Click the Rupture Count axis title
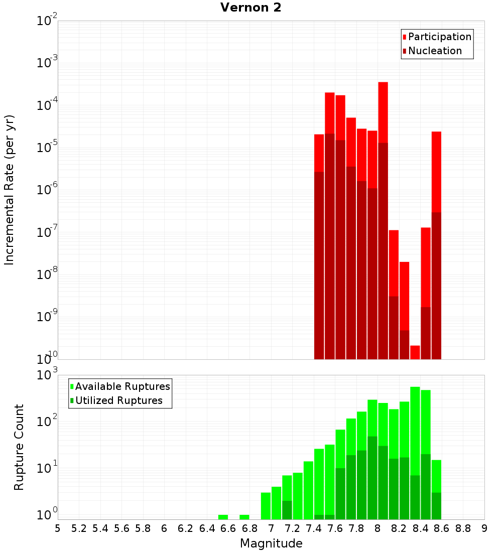point(19,447)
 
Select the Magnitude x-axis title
point(271,543)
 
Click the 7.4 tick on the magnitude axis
point(314,528)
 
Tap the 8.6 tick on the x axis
point(442,528)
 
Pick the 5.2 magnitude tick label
point(79,528)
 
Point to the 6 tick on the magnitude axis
point(164,528)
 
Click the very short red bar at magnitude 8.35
point(415,352)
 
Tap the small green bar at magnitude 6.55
point(223,517)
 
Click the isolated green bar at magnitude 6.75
point(244,517)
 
